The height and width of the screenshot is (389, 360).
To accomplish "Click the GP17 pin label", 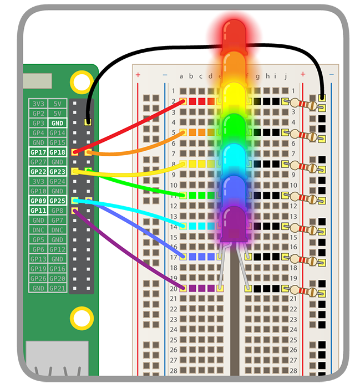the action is [38, 152].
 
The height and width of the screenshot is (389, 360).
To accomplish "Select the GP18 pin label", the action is [57, 152].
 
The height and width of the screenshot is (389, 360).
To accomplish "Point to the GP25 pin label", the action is [57, 201].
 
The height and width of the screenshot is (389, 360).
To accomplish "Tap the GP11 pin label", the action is [38, 211].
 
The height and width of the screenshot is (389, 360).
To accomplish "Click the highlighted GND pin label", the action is [57, 122].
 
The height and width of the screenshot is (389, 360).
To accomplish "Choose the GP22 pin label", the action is [38, 172].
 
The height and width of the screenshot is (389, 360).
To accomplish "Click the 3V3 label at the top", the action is [38, 103].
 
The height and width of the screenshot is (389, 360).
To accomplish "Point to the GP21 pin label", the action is [57, 288].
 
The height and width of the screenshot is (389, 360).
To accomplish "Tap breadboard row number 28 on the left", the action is [174, 370].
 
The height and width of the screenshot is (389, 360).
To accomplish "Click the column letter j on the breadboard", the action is [285, 76].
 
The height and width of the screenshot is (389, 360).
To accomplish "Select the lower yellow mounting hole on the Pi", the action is [82, 318].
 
